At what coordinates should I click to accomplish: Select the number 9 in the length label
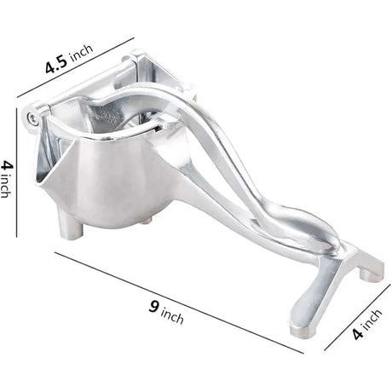pyautogui.click(x=153, y=308)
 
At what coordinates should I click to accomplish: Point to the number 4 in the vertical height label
pyautogui.click(x=7, y=164)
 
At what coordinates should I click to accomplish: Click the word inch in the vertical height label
pyautogui.click(x=6, y=189)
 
